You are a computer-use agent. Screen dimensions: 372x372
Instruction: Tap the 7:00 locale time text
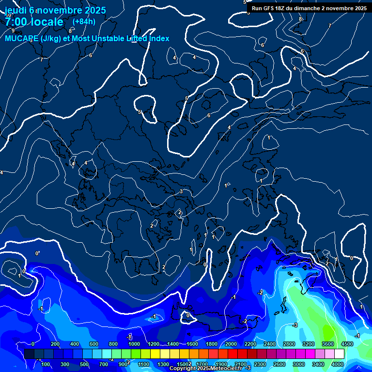tap(34, 22)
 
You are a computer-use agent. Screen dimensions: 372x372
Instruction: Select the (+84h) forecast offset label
tap(84, 21)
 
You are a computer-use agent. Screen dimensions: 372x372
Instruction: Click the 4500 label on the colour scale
tap(347, 344)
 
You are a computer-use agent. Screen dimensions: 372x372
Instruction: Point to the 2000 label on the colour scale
tap(231, 344)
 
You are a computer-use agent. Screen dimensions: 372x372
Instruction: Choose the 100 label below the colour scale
tap(46, 364)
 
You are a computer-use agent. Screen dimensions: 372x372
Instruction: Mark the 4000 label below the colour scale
tap(337, 364)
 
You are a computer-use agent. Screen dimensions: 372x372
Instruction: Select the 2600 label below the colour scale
tap(279, 364)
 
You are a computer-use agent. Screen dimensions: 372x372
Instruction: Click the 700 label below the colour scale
tap(104, 364)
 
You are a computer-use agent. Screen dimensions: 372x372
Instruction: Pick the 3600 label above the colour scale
tap(328, 344)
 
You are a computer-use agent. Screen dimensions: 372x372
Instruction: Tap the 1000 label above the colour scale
tap(134, 344)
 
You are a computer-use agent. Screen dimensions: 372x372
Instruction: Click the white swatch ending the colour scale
tap(339, 354)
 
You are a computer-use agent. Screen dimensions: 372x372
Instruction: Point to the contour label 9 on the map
tap(13, 31)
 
